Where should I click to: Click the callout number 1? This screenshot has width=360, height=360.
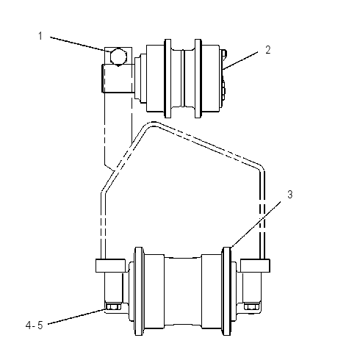(40, 36)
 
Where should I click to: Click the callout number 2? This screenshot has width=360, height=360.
(268, 50)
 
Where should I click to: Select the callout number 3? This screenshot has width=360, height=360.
(290, 195)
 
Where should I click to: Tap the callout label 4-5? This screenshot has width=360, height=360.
(35, 325)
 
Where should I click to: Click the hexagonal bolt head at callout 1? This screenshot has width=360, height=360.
(118, 57)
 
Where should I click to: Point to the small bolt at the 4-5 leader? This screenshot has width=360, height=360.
(113, 306)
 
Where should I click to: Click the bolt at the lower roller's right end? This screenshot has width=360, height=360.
(252, 306)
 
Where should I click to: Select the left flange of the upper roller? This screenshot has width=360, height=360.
(168, 79)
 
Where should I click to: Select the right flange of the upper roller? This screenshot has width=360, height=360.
(198, 79)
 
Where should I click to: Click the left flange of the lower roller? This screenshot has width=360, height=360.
(139, 291)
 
